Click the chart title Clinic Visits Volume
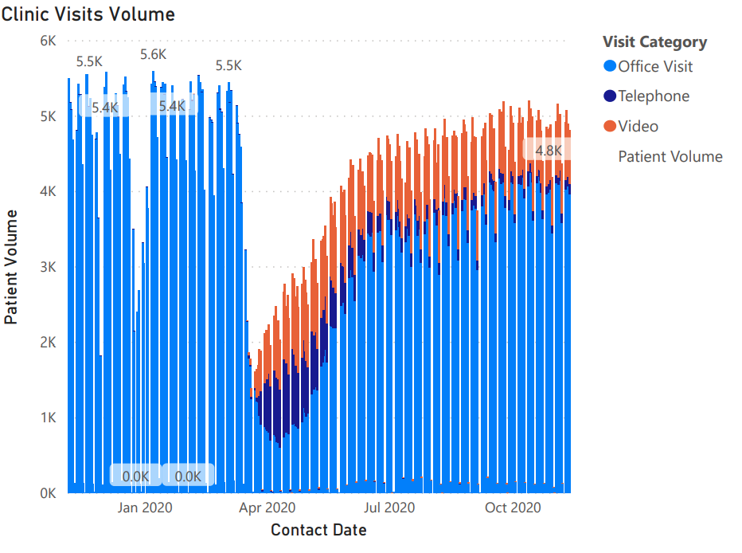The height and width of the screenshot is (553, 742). [88, 14]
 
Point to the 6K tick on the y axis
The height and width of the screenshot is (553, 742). [48, 41]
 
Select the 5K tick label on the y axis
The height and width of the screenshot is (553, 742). [48, 116]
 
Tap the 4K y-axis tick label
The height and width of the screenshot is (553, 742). [48, 191]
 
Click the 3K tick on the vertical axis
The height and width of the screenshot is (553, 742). [48, 267]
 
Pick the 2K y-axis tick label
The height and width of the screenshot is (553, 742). [48, 343]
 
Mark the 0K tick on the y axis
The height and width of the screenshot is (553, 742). [48, 493]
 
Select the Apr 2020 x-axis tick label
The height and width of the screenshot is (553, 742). [268, 508]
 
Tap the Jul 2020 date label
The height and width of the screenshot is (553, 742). [389, 508]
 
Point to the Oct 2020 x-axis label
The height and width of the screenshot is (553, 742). [513, 508]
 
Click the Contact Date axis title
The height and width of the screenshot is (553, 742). [318, 530]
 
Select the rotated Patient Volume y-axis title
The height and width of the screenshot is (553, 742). [12, 266]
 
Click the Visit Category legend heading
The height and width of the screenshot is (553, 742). [654, 42]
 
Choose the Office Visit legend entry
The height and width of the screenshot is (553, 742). [654, 66]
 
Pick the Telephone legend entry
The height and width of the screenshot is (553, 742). [653, 96]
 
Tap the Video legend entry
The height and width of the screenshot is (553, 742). [638, 127]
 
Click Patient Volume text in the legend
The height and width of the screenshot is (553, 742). [670, 157]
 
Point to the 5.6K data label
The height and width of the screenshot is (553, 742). [153, 55]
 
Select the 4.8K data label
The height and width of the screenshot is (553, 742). [548, 150]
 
